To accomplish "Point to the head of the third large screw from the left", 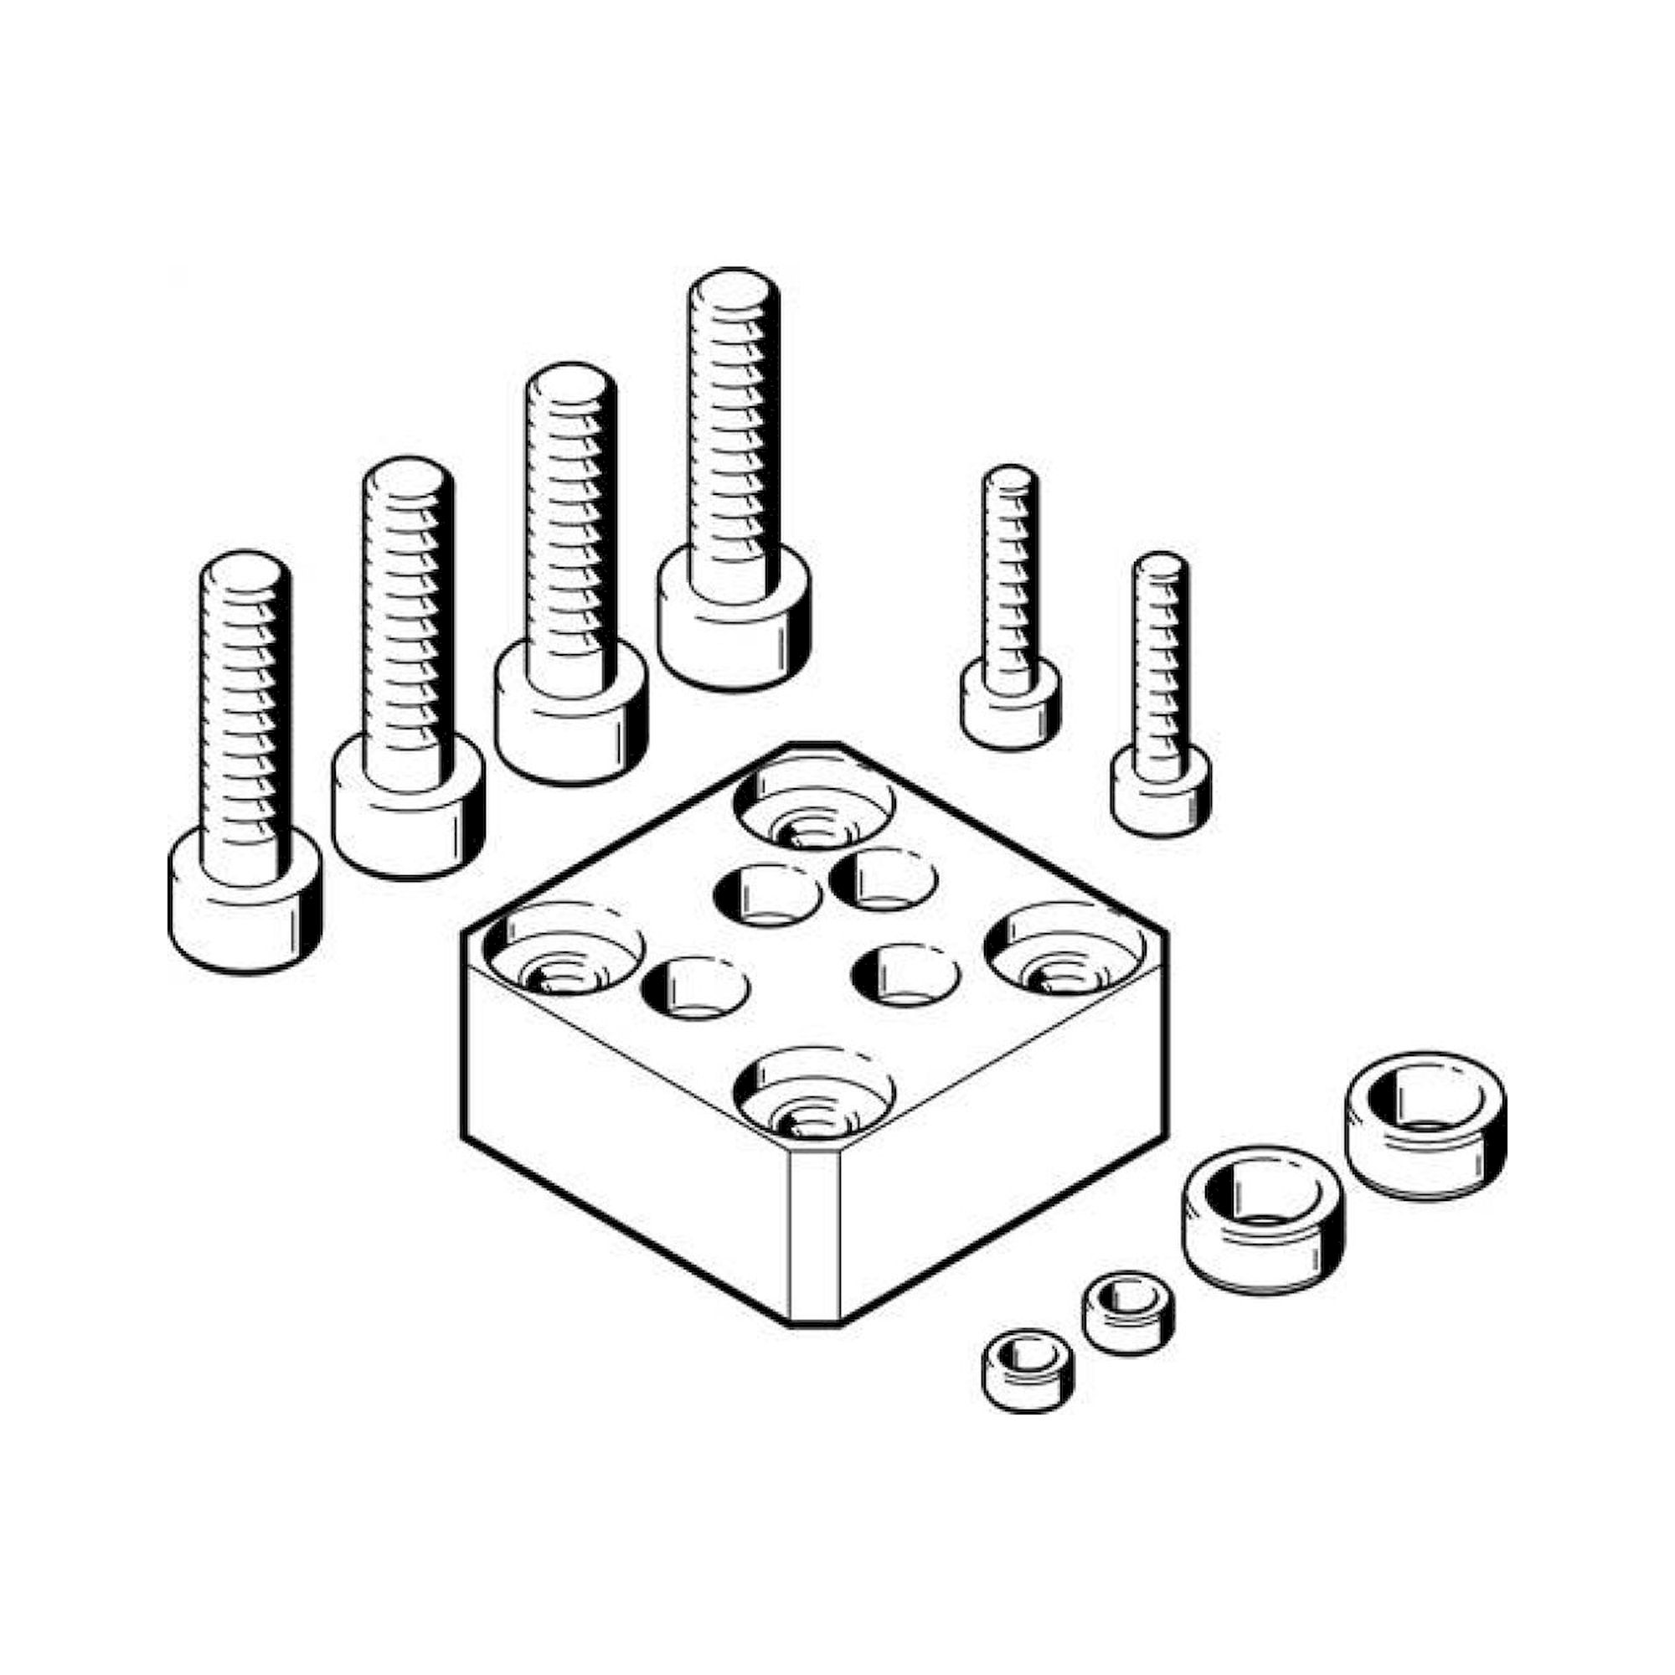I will (571, 719).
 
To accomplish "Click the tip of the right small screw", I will (1161, 564).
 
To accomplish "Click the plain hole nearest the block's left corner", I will (695, 988).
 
